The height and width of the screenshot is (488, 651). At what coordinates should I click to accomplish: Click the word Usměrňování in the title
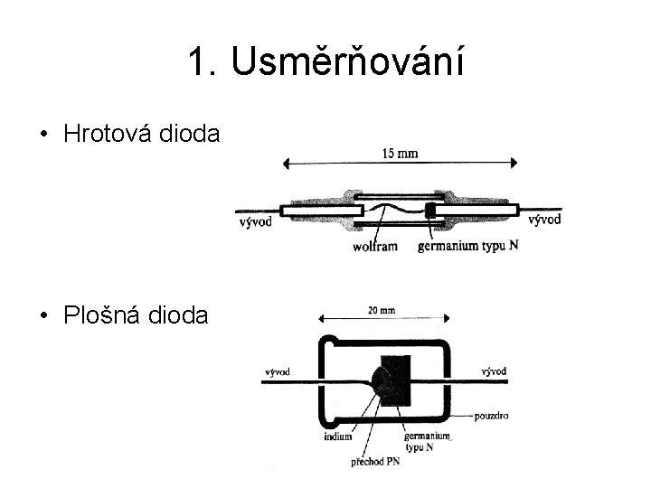[x=347, y=62]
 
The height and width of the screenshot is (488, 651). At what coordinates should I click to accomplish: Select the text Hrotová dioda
[x=142, y=135]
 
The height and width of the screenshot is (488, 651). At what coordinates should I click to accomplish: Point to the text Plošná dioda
[x=136, y=315]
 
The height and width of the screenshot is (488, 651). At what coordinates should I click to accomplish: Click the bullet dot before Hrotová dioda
[x=43, y=136]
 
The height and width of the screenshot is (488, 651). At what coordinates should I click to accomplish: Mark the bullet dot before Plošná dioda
[x=43, y=316]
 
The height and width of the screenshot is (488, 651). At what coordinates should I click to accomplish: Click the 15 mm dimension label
[x=399, y=153]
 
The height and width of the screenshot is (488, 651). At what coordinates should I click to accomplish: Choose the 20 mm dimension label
[x=381, y=311]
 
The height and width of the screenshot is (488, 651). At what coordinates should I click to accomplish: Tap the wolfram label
[x=374, y=247]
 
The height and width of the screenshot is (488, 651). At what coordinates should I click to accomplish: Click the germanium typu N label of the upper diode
[x=467, y=247]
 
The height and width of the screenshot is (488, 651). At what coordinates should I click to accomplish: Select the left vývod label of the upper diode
[x=255, y=223]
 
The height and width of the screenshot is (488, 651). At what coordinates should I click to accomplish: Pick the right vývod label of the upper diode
[x=543, y=219]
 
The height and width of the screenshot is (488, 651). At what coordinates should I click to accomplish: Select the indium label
[x=337, y=438]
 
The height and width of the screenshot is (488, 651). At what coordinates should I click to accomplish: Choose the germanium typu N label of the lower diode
[x=428, y=442]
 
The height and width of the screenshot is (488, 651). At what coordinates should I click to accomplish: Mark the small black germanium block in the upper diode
[x=430, y=211]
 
